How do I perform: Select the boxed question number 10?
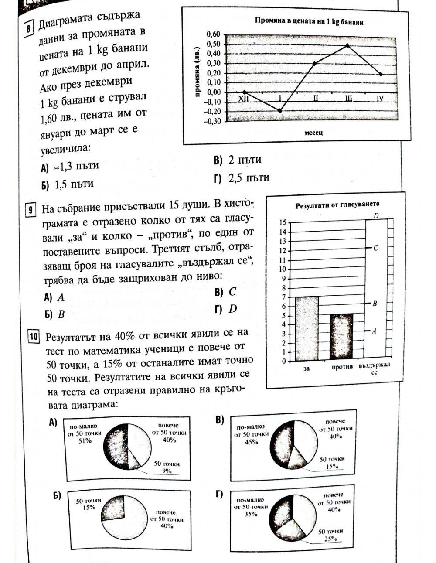tap(33, 337)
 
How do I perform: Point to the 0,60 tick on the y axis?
tap(214, 34)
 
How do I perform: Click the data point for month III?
tap(347, 45)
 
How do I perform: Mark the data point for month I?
tap(280, 111)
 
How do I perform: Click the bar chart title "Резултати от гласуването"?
tap(337, 204)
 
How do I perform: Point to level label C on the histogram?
tap(376, 248)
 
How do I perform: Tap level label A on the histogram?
tap(374, 331)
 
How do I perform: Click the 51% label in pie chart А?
tap(85, 440)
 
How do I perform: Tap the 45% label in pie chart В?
tap(250, 442)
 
